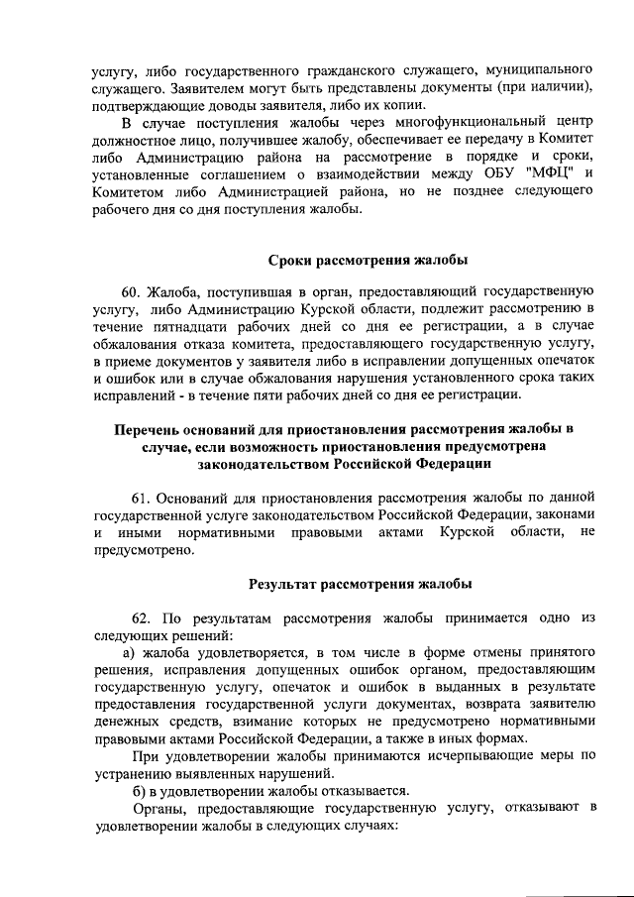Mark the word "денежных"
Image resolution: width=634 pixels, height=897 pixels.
pos(130,721)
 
